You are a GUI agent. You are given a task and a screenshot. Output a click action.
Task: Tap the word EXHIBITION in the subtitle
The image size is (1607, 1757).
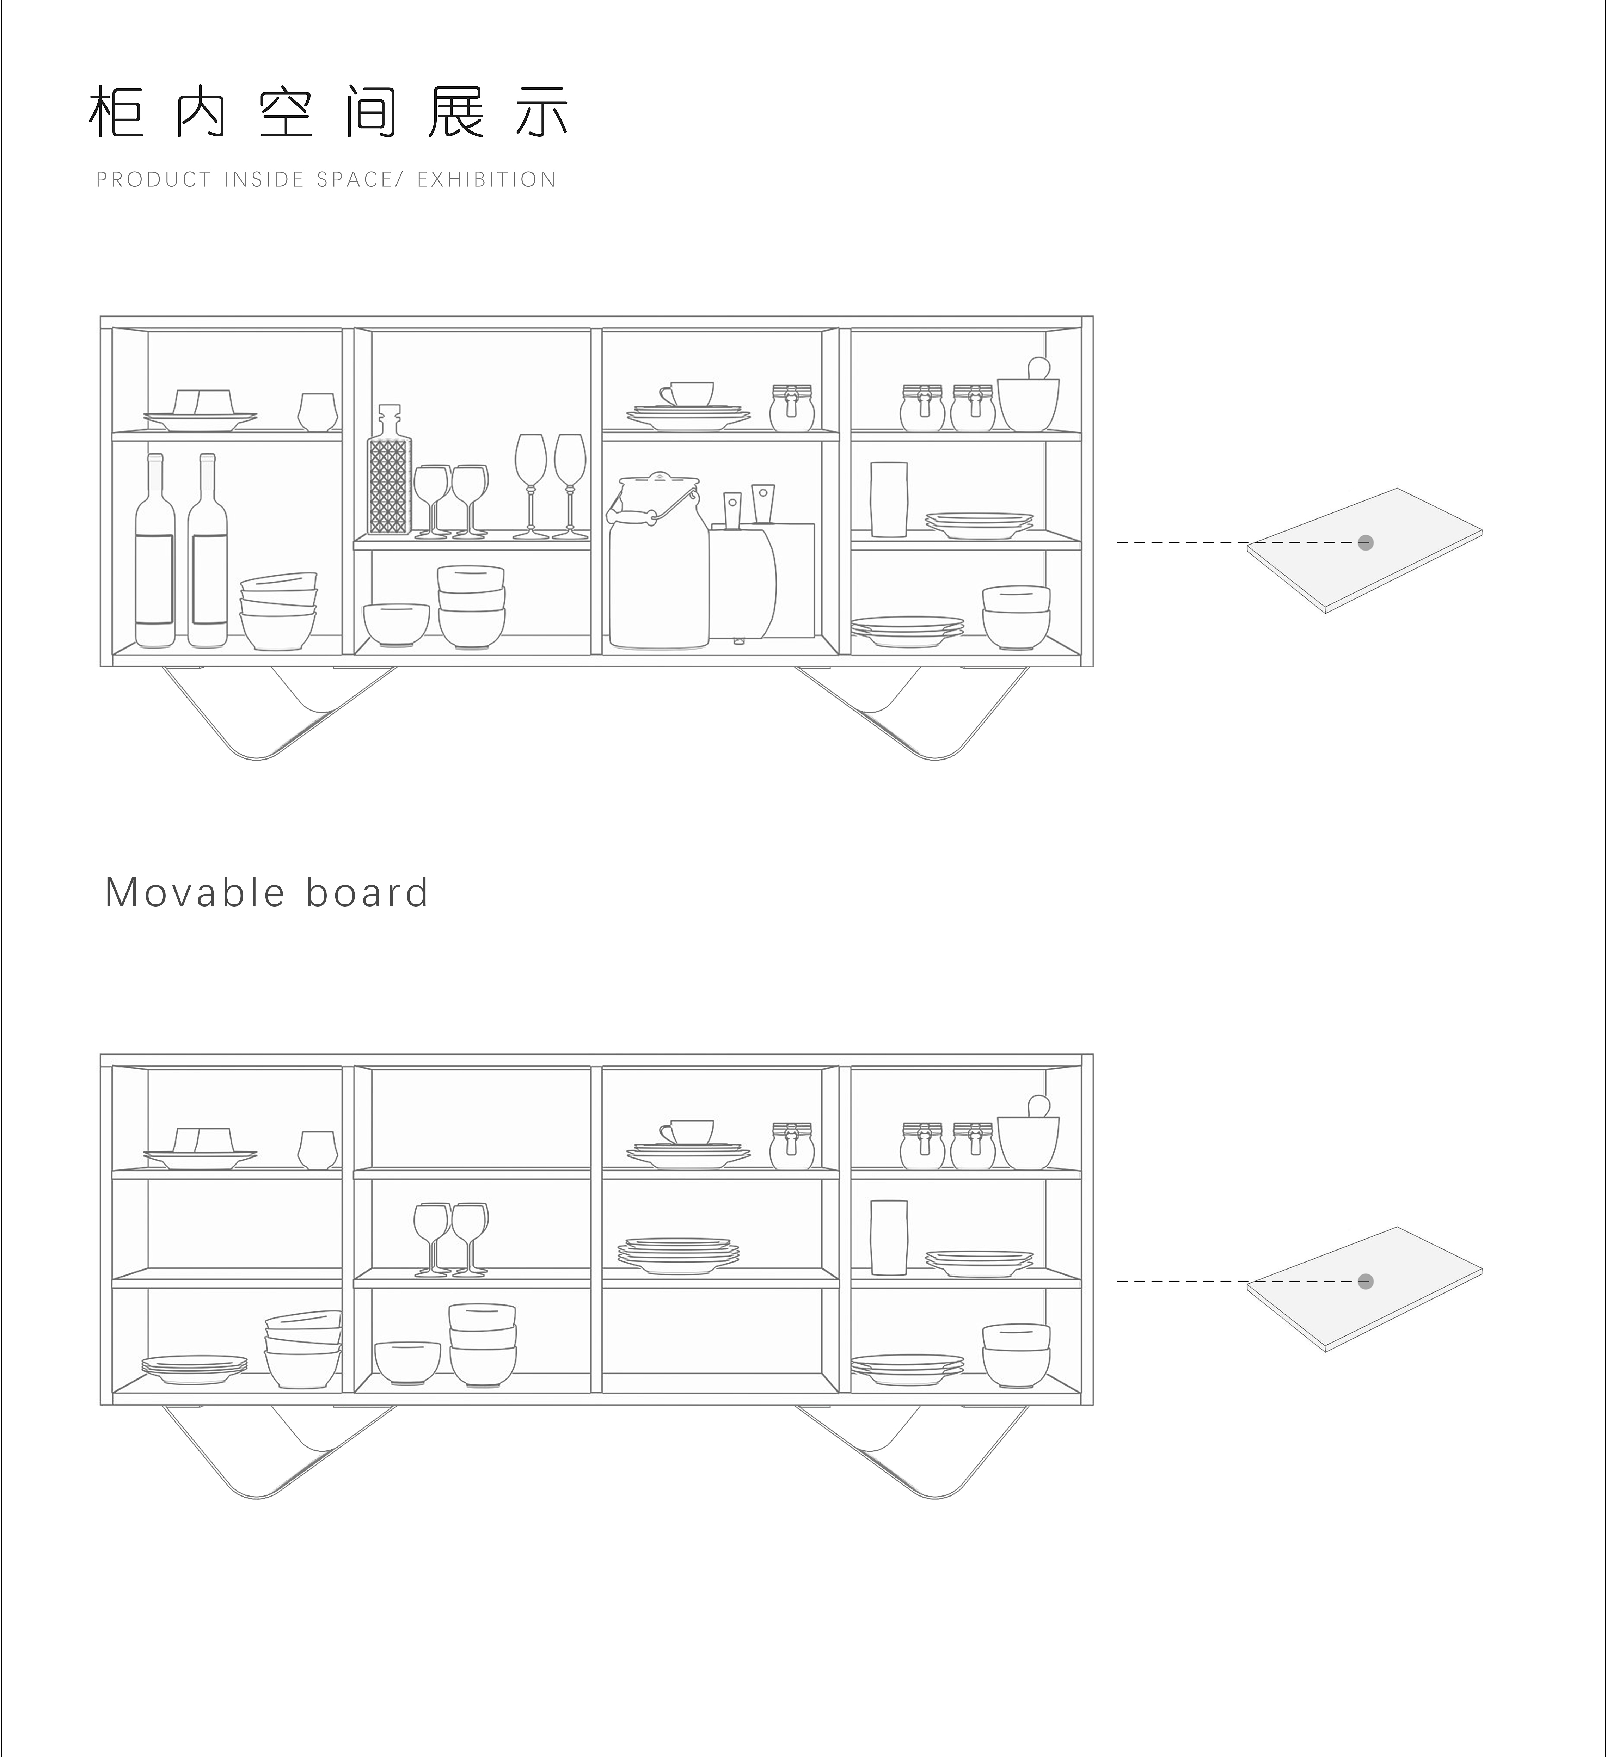point(486,179)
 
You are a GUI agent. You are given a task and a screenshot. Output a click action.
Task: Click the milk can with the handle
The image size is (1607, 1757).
point(658,562)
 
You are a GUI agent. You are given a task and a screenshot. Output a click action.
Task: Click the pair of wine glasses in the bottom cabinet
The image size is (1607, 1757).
point(450,1239)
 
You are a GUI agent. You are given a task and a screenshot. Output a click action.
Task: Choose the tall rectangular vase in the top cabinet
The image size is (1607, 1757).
point(889,499)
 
